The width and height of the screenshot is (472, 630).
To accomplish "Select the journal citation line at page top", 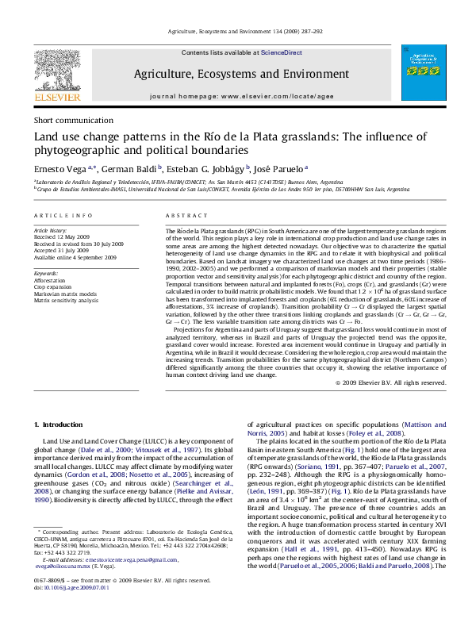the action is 236,32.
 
